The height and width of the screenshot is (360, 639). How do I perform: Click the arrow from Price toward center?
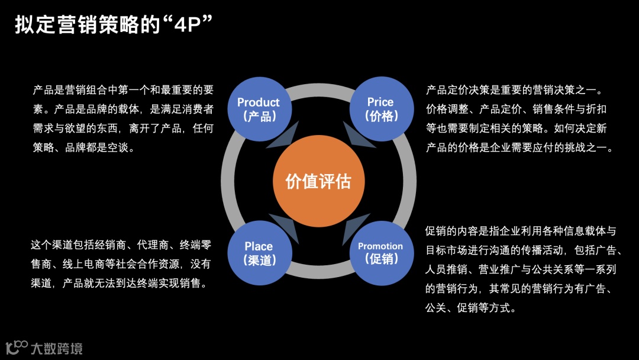coord(356,139)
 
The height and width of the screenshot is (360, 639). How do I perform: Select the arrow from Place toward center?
coord(285,224)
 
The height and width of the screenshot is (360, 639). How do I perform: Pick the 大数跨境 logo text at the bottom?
coord(57,348)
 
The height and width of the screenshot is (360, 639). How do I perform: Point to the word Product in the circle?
coord(258,102)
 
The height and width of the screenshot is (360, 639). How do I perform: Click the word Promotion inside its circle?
coord(380,246)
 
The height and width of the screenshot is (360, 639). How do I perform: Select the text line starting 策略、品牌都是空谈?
coord(84,147)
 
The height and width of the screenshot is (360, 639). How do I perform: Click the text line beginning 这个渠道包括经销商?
coord(121,245)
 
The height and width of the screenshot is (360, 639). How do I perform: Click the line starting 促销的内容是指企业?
coord(521,230)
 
